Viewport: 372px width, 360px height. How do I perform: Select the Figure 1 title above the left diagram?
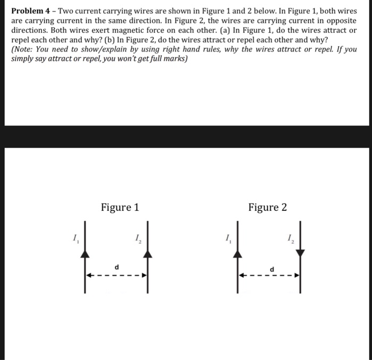click(x=120, y=207)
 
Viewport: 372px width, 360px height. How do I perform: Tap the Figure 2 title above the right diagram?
click(x=267, y=207)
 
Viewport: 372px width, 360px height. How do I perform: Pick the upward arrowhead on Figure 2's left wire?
click(x=238, y=254)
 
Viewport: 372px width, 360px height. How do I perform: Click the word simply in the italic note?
click(x=24, y=58)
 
